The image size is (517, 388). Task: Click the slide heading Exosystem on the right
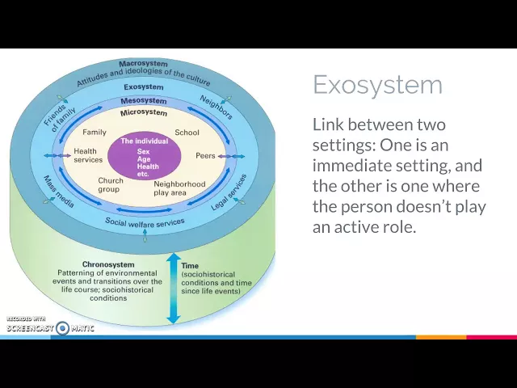coord(377,85)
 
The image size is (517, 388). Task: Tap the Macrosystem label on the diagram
coord(142,63)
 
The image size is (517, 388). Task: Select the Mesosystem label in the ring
coord(143,100)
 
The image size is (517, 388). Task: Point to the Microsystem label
coord(143,112)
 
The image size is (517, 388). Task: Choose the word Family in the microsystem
coord(95,132)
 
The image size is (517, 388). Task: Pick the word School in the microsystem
coord(187,132)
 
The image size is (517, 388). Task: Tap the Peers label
coord(205,155)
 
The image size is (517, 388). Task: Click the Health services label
coord(87,155)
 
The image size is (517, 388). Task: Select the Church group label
coord(110,184)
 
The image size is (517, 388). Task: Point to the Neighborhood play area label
coord(179,188)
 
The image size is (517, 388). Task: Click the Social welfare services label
coord(145,221)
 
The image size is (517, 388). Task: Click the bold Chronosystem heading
coord(107,264)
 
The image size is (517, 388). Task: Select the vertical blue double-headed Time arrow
coord(173,288)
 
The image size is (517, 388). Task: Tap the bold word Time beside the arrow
coord(190,265)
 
